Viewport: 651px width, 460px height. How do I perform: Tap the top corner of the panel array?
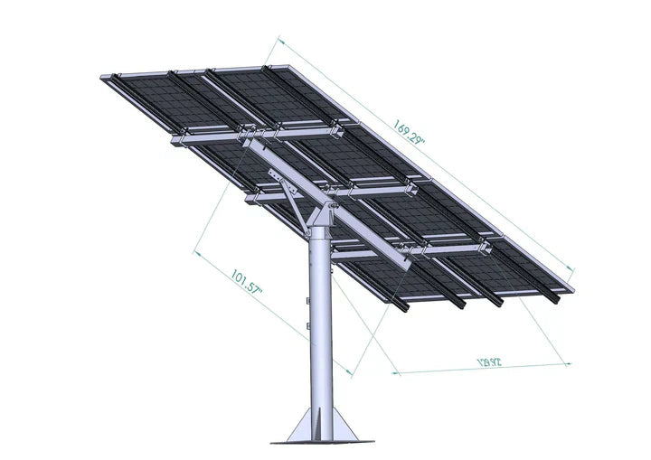tap(286, 66)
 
